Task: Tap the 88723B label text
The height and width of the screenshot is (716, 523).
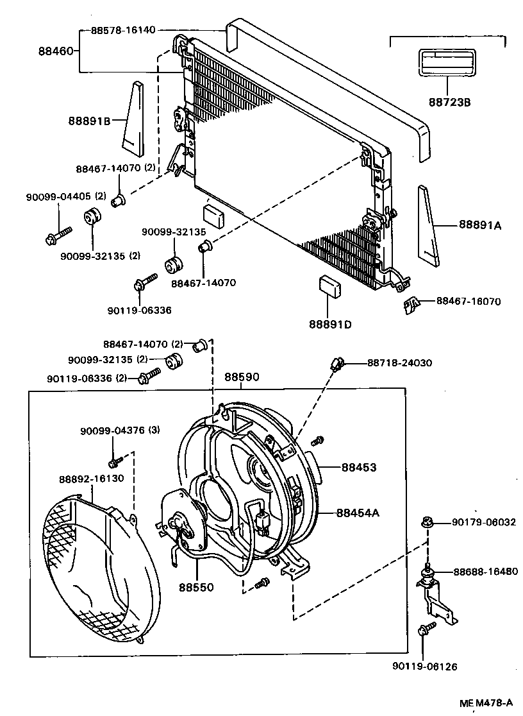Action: pyautogui.click(x=449, y=101)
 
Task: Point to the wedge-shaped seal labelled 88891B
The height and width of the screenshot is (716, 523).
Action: pyautogui.click(x=135, y=119)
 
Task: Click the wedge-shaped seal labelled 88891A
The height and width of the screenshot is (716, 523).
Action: pyautogui.click(x=428, y=226)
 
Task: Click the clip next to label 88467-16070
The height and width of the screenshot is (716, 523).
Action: pyautogui.click(x=411, y=304)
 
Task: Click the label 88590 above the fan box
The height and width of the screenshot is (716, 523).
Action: pyautogui.click(x=242, y=377)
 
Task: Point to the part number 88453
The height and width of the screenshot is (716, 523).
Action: pyautogui.click(x=358, y=468)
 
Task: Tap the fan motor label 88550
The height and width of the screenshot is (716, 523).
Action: pyautogui.click(x=195, y=586)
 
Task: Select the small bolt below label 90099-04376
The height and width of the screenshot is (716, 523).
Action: pyautogui.click(x=115, y=461)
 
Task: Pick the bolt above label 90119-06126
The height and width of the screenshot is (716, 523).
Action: pyautogui.click(x=425, y=629)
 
